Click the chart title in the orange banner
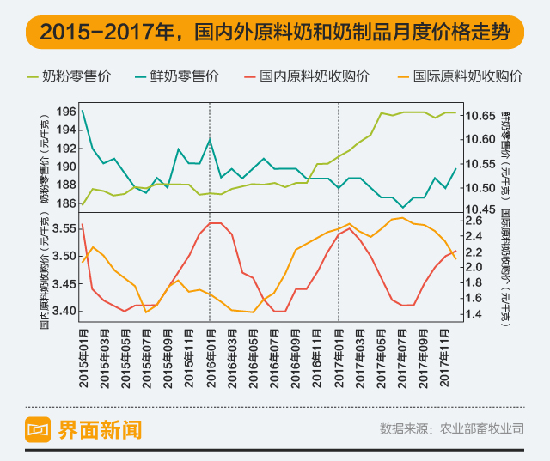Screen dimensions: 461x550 pos(274,33)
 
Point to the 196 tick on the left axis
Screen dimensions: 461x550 pos(64,112)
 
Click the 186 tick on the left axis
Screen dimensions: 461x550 pos(64,203)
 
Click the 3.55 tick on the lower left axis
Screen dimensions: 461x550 pos(63,228)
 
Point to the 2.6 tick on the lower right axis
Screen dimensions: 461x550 pos(474,221)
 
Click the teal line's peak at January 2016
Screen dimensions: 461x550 pos(210,139)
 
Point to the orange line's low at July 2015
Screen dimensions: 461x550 pos(146,312)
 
